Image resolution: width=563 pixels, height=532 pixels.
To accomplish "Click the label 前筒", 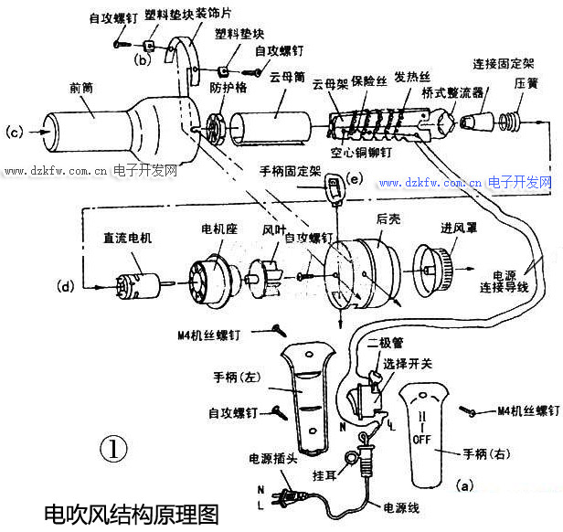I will [80, 88].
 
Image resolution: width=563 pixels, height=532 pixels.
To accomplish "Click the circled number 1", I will [112, 448].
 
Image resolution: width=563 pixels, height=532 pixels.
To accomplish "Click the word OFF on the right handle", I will [420, 439].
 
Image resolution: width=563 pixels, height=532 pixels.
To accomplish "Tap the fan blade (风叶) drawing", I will [267, 267].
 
